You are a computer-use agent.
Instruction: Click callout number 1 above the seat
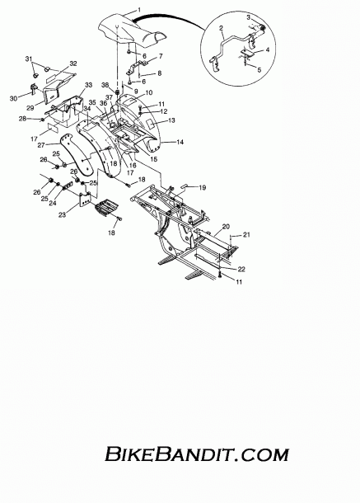coord(138,10)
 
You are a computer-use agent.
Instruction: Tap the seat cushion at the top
coord(132,31)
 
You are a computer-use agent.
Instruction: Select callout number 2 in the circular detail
coord(221,28)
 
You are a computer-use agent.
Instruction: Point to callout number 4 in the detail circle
coord(268,50)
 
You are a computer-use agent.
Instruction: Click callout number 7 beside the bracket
coord(161,56)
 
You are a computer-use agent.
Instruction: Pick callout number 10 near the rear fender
coord(149,92)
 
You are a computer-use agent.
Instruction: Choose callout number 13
coord(171,120)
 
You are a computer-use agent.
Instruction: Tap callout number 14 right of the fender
coord(180,142)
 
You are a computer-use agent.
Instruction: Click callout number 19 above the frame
coord(203,188)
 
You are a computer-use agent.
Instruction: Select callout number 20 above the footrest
coord(226,227)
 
